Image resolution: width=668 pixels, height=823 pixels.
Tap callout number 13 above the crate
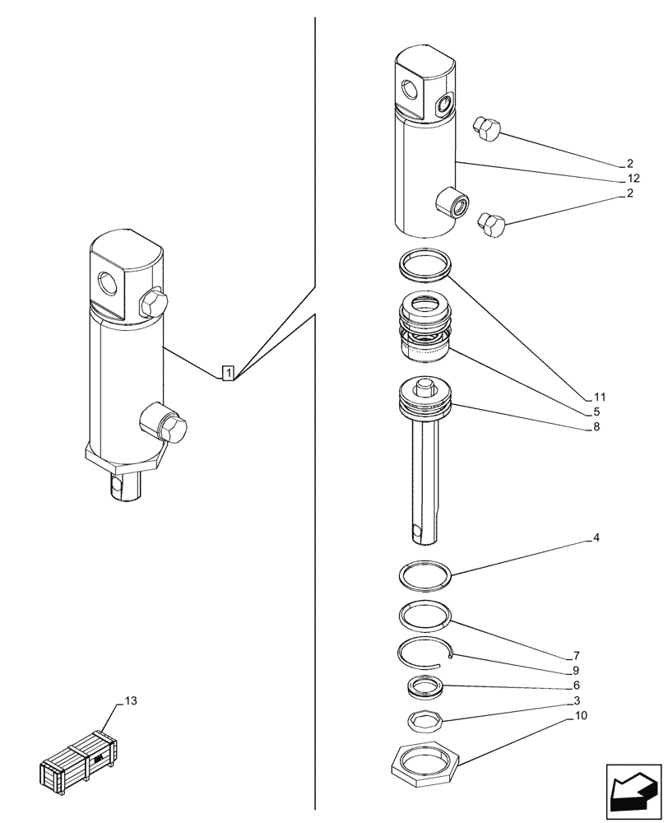[x=131, y=701]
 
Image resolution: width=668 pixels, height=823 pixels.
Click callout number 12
[x=632, y=179]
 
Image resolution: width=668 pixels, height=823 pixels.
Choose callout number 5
[x=596, y=411]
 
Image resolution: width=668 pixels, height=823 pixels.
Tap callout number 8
[x=596, y=427]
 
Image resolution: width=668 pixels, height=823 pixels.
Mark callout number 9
[x=577, y=670]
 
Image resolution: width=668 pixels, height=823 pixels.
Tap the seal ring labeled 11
[x=426, y=265]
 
